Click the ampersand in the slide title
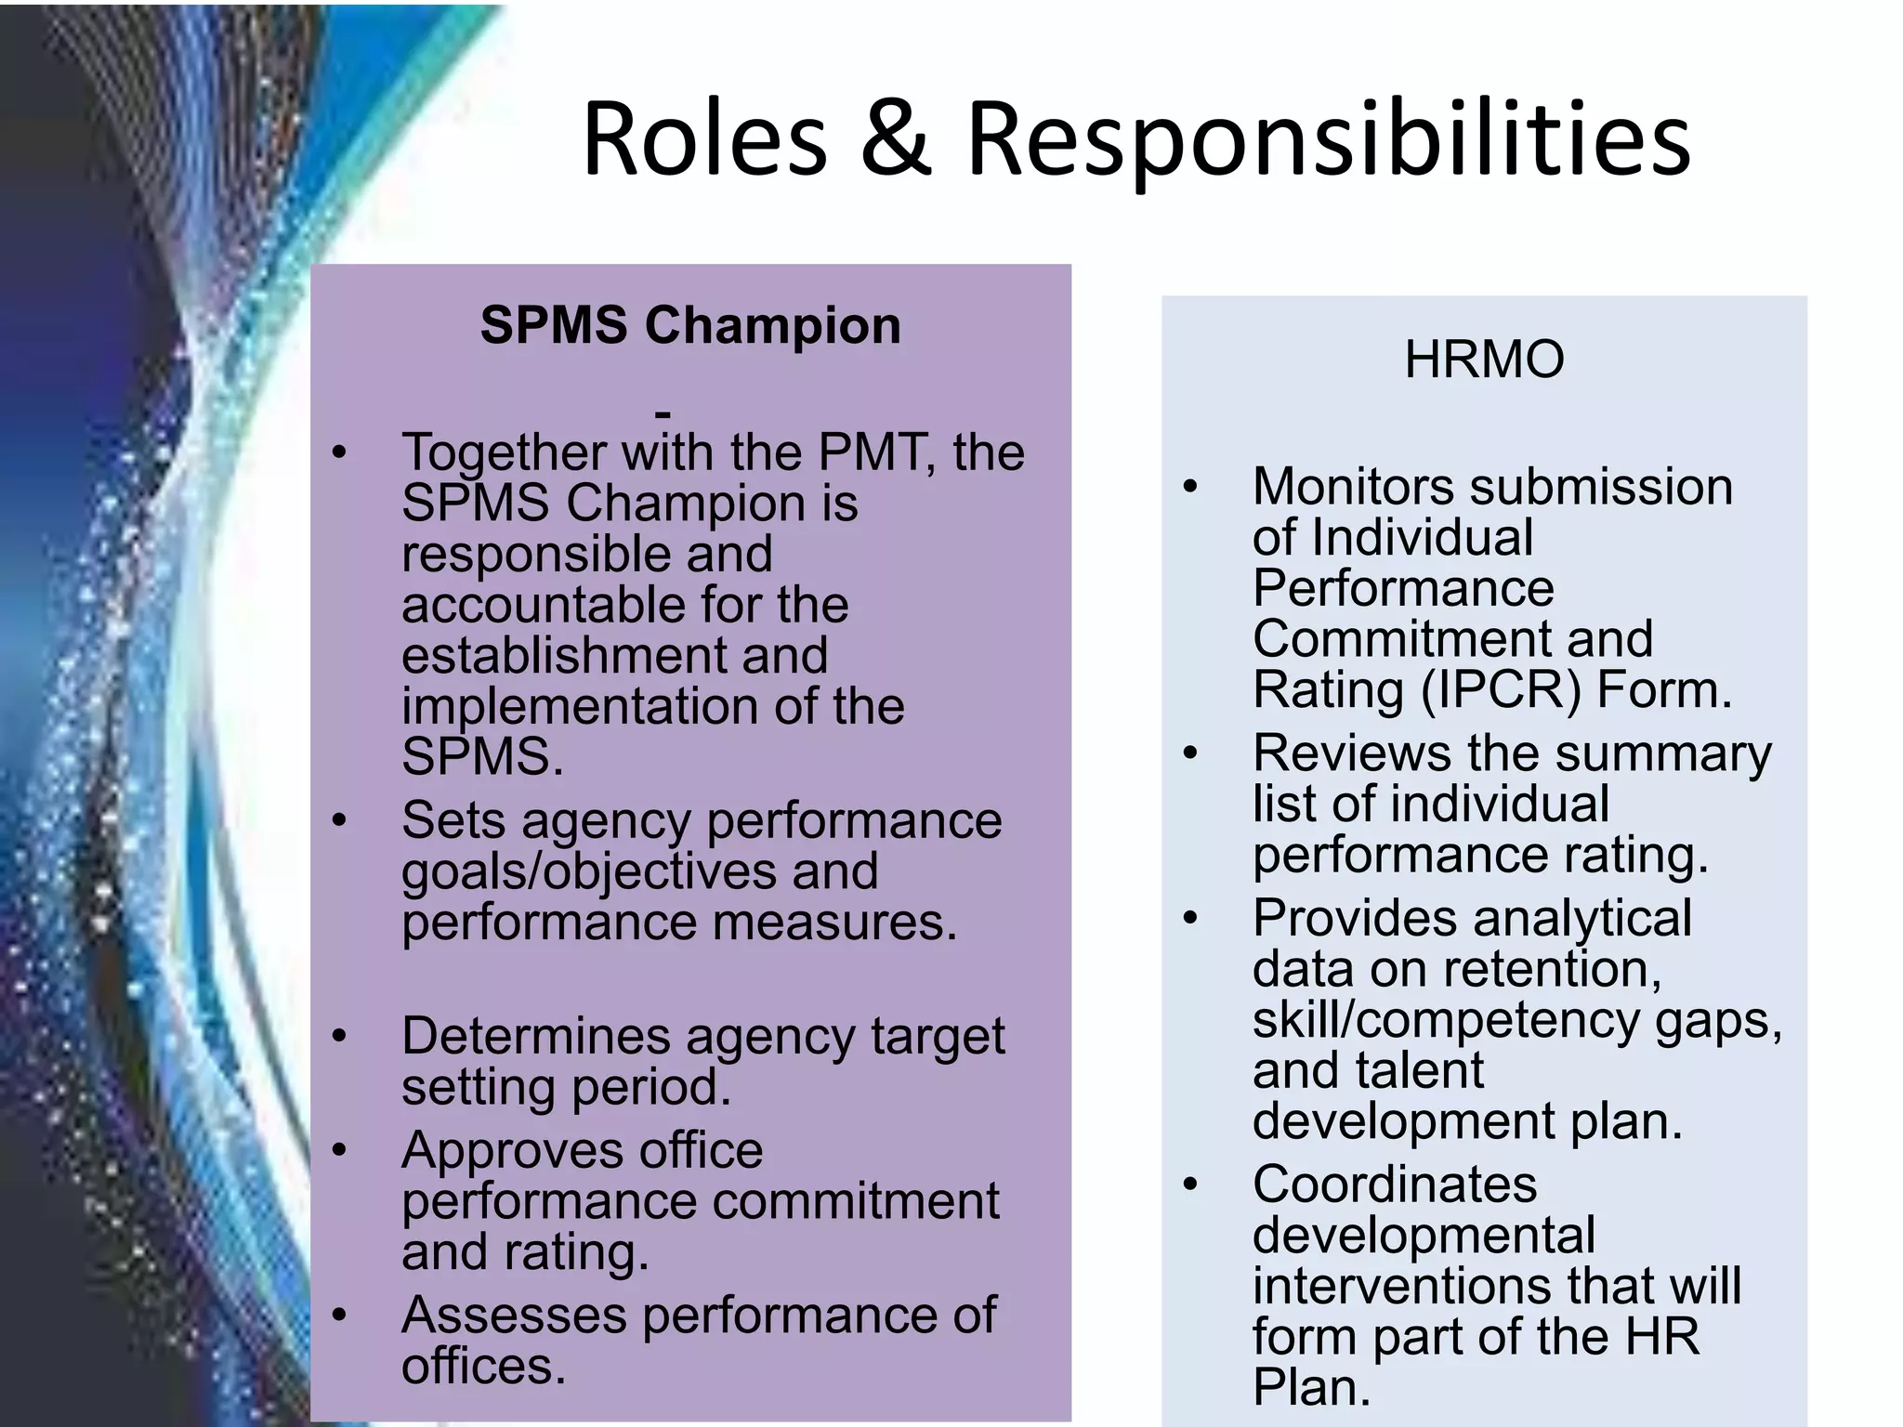[895, 139]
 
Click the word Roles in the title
[704, 139]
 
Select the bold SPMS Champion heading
[690, 325]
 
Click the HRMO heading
[1484, 359]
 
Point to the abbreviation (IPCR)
[1501, 690]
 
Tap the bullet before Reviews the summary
[1190, 753]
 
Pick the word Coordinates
[1395, 1185]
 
